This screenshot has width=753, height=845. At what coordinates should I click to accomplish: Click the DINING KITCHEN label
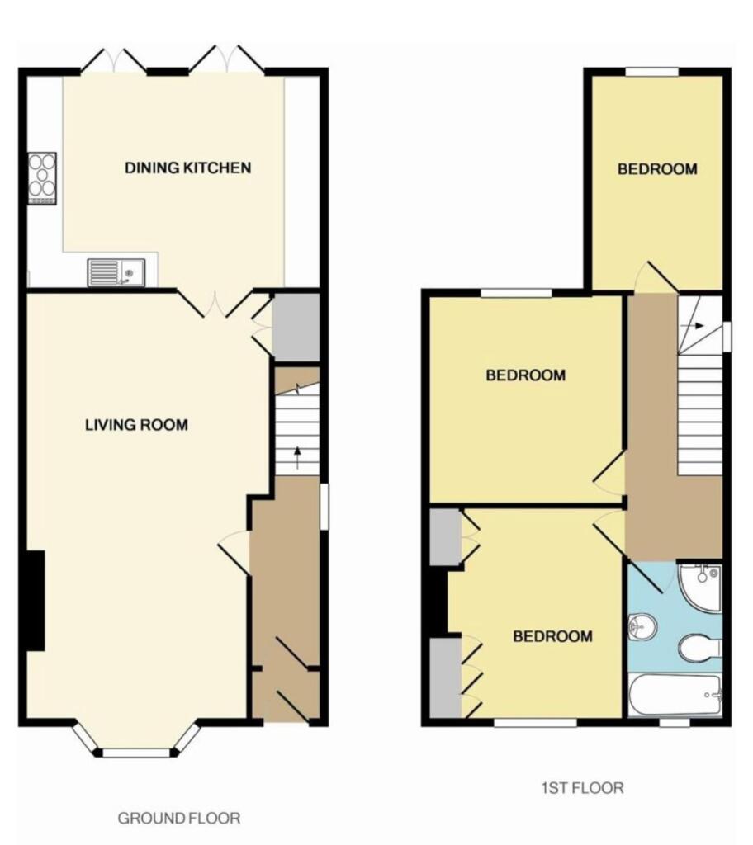click(x=187, y=168)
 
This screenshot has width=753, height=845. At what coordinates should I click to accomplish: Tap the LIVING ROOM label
click(x=136, y=426)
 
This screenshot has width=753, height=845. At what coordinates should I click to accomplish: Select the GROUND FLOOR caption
click(x=179, y=819)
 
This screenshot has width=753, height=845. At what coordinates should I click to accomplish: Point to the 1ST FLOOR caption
click(x=582, y=788)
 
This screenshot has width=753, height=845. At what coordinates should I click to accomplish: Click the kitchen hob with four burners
click(x=42, y=177)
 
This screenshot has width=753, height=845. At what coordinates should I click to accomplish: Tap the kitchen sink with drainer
click(x=116, y=271)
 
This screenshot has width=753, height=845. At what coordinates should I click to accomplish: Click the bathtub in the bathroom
click(x=675, y=695)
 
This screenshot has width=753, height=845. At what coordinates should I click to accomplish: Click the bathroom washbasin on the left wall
click(x=641, y=628)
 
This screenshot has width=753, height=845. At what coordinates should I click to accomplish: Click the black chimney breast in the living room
click(x=35, y=601)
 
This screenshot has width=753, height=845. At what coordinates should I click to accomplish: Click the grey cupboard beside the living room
click(x=295, y=327)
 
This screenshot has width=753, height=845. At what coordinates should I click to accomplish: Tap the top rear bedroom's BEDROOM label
click(x=657, y=169)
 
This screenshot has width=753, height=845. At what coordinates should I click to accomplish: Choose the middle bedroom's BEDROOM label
click(x=525, y=375)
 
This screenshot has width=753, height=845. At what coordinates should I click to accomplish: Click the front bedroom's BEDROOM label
click(x=552, y=636)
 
